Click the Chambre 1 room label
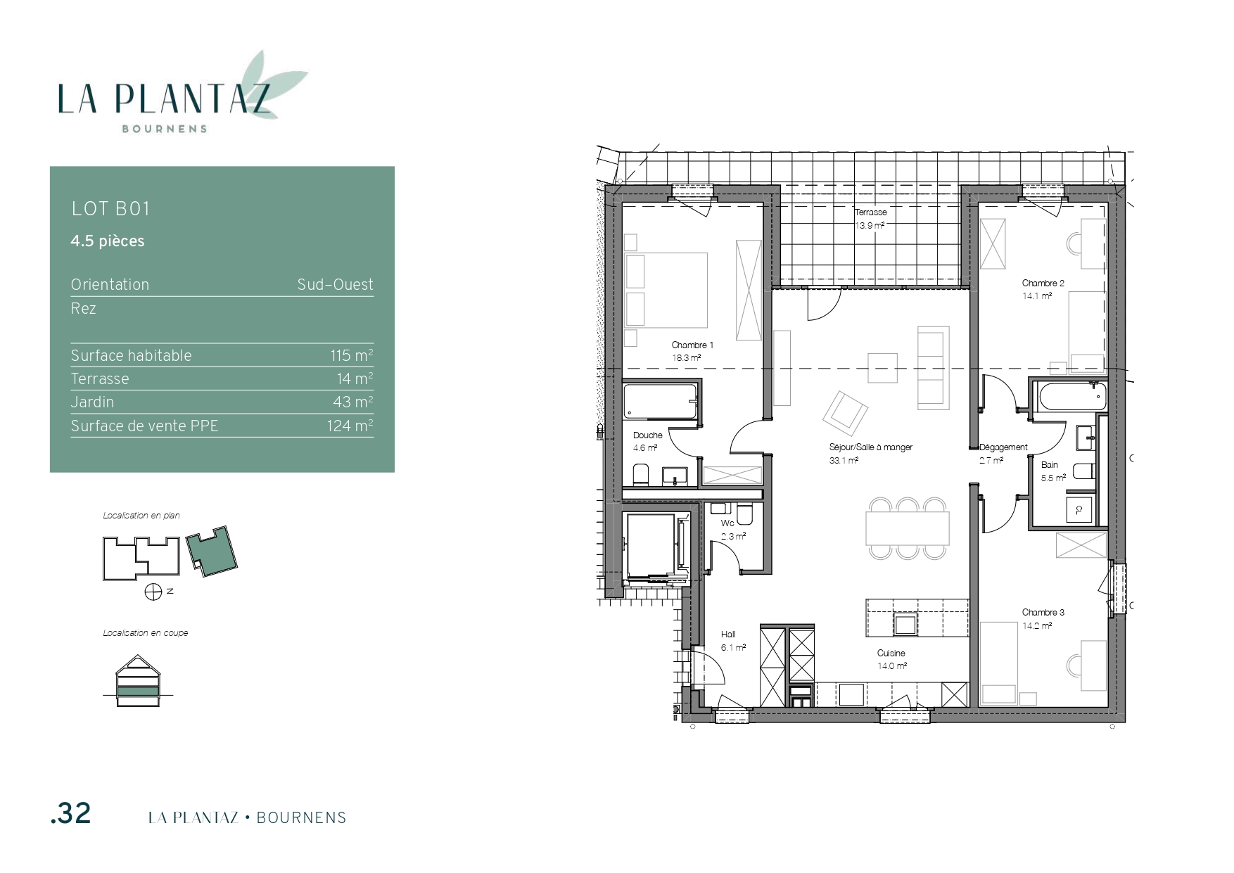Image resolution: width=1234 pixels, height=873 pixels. click(692, 345)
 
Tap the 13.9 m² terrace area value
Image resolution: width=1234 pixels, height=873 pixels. click(870, 225)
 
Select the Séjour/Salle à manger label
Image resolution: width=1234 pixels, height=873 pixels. click(870, 447)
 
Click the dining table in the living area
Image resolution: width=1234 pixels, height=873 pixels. click(908, 528)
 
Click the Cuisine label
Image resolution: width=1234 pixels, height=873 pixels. click(891, 653)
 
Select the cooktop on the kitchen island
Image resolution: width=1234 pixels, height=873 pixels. click(905, 624)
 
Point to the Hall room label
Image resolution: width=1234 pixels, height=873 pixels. click(728, 635)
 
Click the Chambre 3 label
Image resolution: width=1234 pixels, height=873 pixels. click(1043, 612)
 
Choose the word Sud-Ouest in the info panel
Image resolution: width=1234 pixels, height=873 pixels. click(335, 285)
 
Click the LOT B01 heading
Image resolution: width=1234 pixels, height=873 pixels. click(110, 209)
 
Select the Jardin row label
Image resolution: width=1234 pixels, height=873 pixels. click(92, 402)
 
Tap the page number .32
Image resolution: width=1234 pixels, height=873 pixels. click(71, 813)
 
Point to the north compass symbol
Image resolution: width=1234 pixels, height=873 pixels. click(153, 592)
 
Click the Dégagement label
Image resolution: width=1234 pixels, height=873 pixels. click(1003, 447)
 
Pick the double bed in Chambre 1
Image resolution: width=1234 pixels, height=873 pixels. click(666, 290)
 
